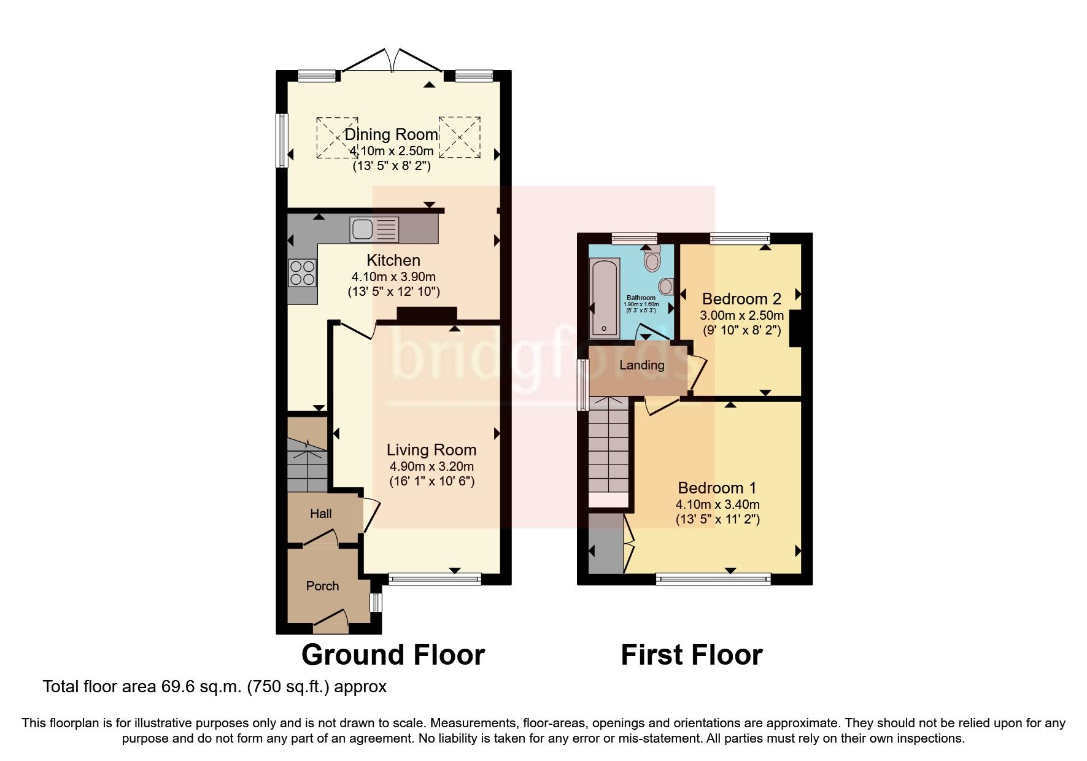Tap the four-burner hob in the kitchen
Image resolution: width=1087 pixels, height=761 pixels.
click(303, 272)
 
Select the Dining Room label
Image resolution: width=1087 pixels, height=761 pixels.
click(391, 134)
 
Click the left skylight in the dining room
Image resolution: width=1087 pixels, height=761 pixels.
click(336, 137)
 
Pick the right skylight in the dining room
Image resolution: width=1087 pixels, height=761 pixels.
click(459, 137)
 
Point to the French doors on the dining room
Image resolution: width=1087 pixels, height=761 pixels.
click(395, 61)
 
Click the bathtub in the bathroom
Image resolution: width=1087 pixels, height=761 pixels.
click(604, 298)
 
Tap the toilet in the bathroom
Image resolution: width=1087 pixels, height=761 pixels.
click(652, 260)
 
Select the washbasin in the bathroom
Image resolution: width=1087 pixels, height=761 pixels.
click(665, 286)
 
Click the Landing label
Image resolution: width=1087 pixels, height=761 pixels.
click(641, 365)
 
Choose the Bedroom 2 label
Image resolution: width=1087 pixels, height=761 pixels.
click(741, 299)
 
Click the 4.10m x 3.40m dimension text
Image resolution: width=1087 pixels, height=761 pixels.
click(718, 504)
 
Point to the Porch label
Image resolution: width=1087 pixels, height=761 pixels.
click(322, 586)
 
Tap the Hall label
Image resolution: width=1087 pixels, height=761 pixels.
click(320, 514)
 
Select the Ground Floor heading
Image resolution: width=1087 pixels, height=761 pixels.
click(393, 655)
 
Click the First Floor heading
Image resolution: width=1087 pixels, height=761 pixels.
click(691, 655)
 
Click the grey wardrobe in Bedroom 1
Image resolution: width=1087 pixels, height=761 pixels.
click(605, 543)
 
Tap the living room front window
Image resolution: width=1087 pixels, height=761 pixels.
click(435, 578)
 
